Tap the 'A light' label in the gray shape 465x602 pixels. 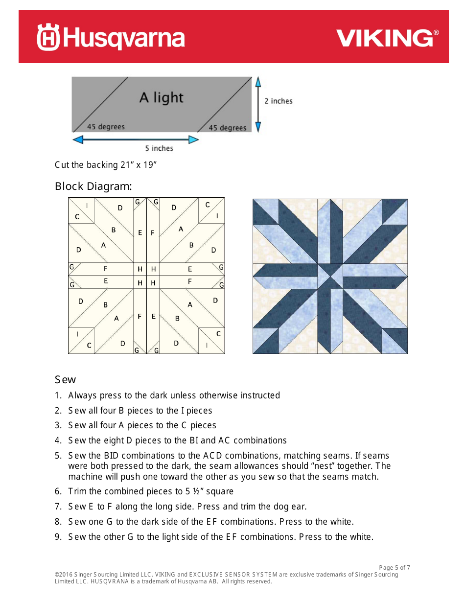(x=161, y=98)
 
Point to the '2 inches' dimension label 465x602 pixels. (x=278, y=101)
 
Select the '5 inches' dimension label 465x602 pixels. (x=159, y=148)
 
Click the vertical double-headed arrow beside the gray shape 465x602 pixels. (x=258, y=104)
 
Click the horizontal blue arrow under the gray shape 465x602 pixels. (x=136, y=140)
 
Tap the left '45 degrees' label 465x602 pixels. (x=106, y=127)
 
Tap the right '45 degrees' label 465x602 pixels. (x=228, y=128)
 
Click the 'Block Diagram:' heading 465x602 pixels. (x=93, y=186)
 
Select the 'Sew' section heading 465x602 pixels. (x=65, y=380)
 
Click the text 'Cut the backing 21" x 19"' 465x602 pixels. (x=105, y=165)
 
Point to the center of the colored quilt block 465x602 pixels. (x=330, y=276)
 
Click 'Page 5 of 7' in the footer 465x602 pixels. (x=395, y=568)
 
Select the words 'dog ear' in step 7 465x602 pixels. (x=291, y=507)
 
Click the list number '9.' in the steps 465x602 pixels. (x=58, y=537)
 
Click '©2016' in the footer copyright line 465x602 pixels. (x=63, y=575)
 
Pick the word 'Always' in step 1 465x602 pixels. (x=82, y=395)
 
